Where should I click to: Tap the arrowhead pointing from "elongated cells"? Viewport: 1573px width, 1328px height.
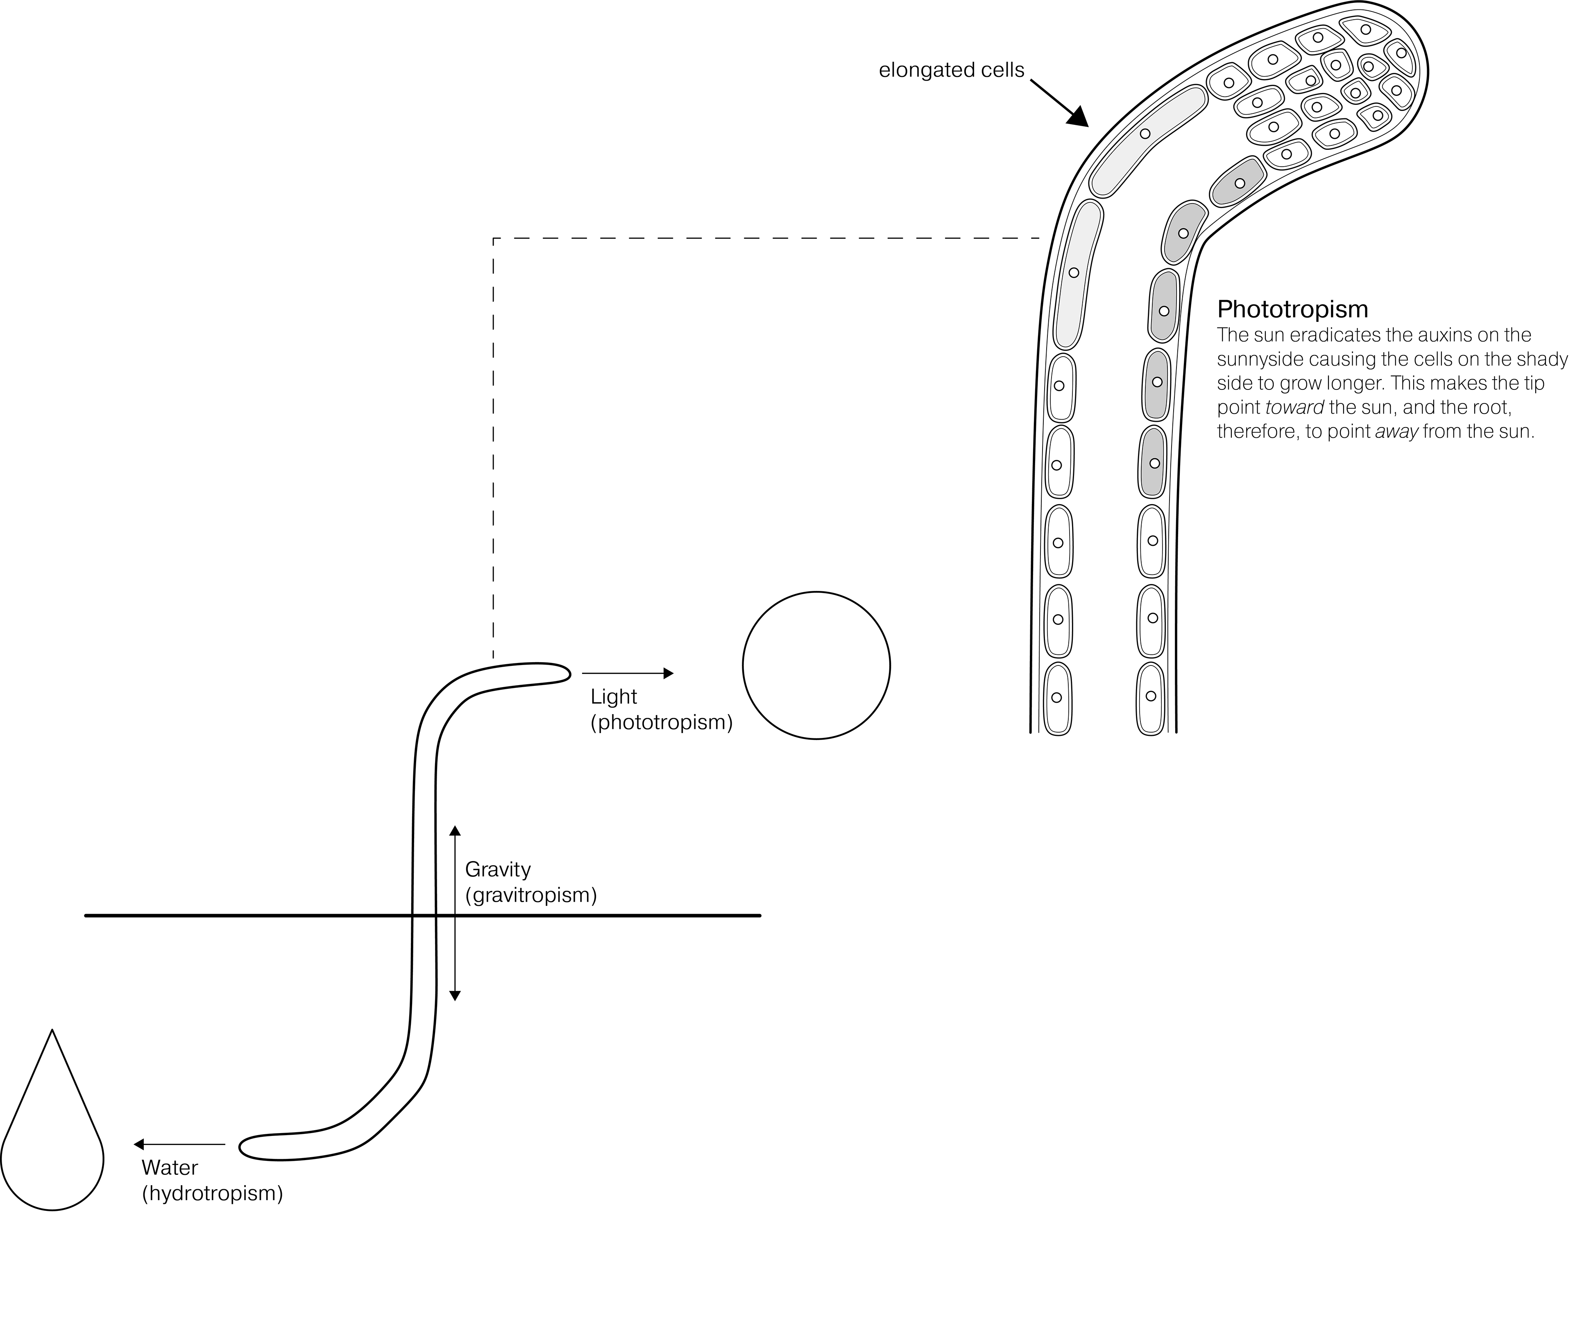point(1079,117)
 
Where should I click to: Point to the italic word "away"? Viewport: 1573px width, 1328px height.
point(1397,432)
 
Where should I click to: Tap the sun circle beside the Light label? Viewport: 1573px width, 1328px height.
point(816,665)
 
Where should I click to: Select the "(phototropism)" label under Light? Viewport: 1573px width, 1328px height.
point(661,723)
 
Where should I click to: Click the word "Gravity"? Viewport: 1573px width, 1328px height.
point(498,869)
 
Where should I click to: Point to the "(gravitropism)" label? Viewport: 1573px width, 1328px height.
point(531,895)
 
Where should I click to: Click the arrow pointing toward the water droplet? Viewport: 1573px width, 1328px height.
point(179,1144)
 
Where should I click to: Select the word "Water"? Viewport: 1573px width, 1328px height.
point(170,1167)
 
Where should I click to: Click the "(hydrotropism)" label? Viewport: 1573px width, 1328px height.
point(212,1193)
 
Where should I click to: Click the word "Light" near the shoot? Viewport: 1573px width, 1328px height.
point(614,697)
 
